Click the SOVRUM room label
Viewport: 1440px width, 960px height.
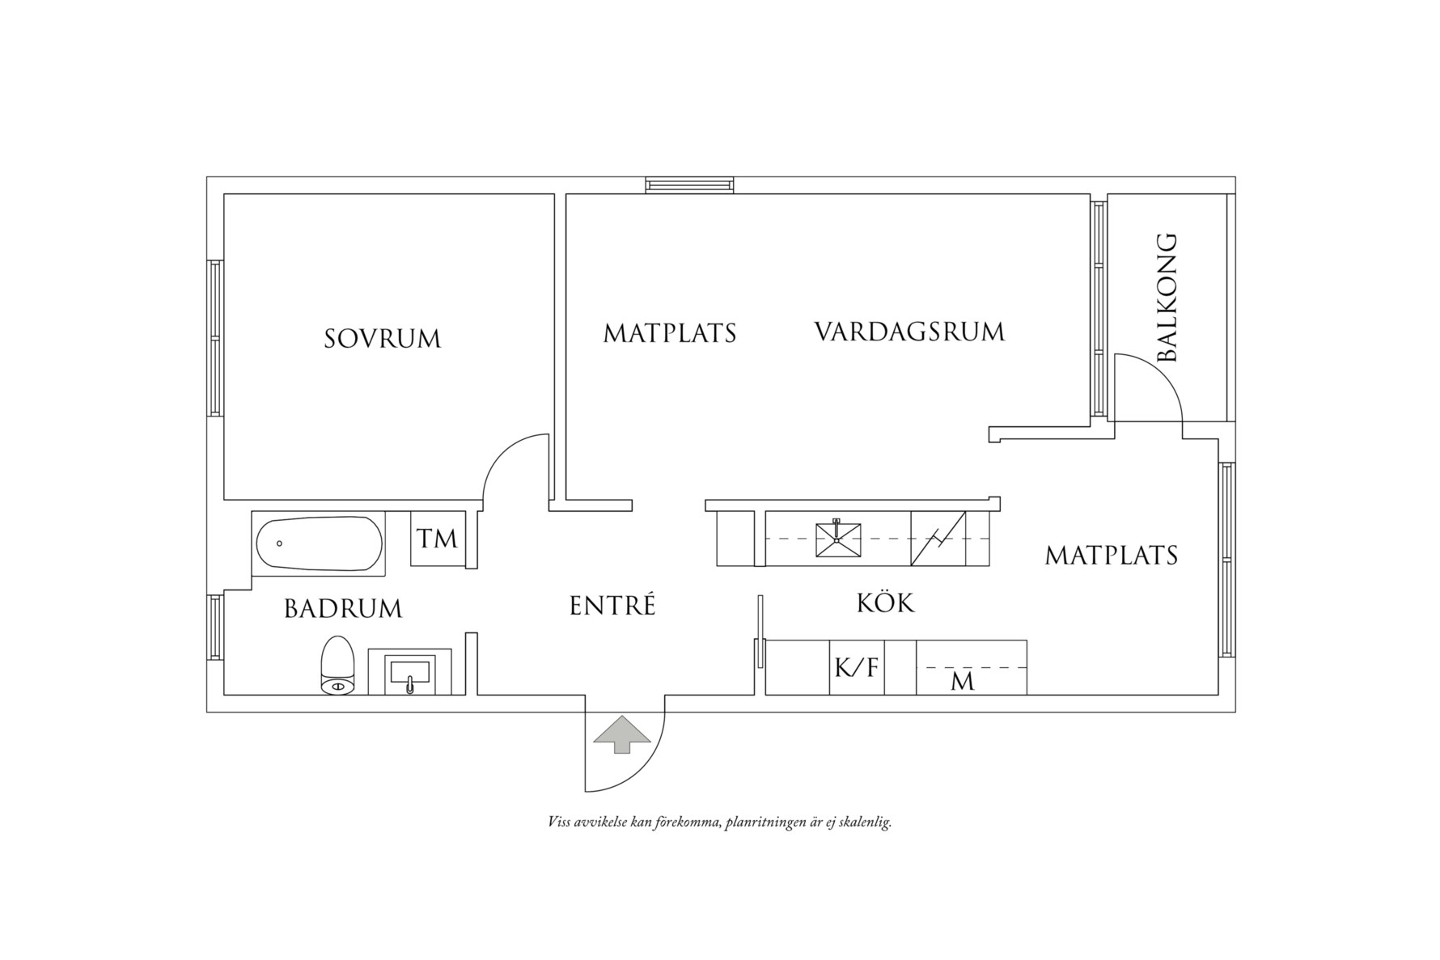tap(383, 338)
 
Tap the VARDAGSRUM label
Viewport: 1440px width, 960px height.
tap(909, 332)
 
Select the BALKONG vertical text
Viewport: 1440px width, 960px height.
tap(1167, 297)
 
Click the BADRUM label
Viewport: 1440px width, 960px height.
tap(343, 608)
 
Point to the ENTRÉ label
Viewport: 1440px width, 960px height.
tap(612, 606)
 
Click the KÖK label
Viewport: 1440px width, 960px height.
tap(886, 603)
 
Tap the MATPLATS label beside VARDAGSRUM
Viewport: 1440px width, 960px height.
tap(670, 333)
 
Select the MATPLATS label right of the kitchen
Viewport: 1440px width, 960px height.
tap(1112, 555)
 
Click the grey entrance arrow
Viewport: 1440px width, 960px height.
tap(621, 734)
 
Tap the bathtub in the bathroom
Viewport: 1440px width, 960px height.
tap(319, 543)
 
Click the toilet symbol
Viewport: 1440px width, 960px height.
tap(338, 666)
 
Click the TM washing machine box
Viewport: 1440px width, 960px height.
tap(438, 539)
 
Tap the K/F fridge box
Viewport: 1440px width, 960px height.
tap(857, 667)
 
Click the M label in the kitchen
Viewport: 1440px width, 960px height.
tap(963, 682)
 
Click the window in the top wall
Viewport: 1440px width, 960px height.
tap(690, 185)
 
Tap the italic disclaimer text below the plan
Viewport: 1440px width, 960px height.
tap(719, 823)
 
